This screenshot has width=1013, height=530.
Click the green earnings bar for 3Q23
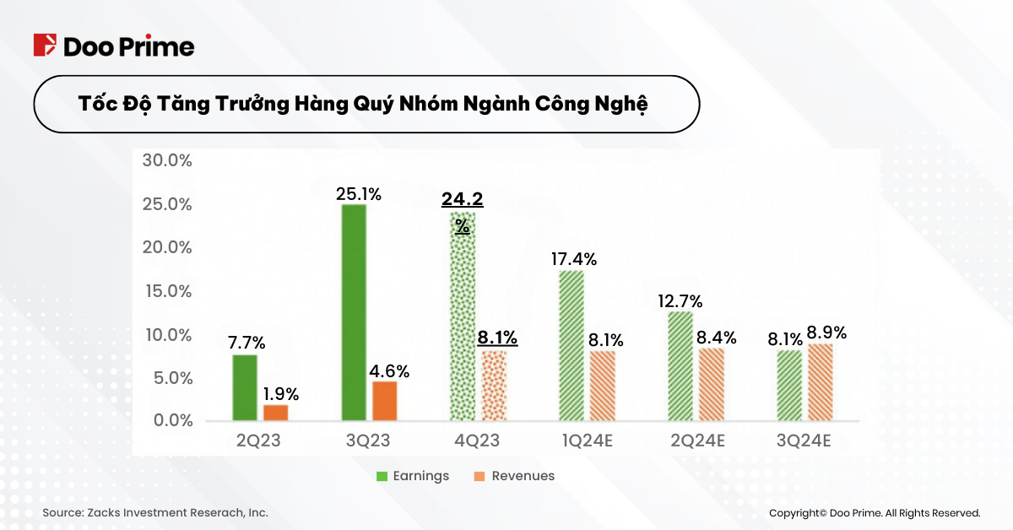click(354, 312)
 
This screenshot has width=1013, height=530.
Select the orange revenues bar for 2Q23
click(275, 413)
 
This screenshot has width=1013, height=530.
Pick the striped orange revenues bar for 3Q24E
click(821, 381)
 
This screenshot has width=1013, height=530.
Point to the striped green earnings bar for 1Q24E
click(572, 345)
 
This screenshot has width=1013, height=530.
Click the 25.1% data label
click(358, 194)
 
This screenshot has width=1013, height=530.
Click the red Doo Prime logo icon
click(45, 46)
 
